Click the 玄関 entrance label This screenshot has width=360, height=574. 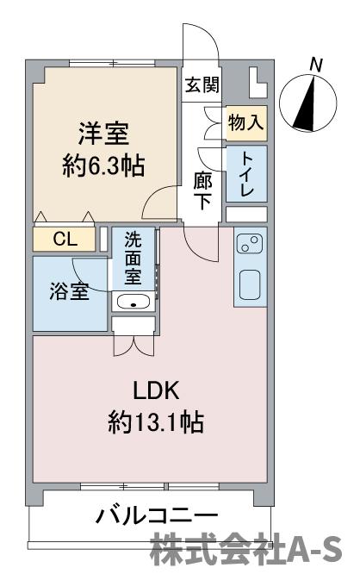click(x=202, y=85)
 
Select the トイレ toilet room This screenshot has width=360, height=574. click(x=246, y=173)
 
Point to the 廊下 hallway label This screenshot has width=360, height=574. click(x=202, y=190)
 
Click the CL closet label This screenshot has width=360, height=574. click(x=65, y=240)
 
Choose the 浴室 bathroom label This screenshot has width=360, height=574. click(x=69, y=291)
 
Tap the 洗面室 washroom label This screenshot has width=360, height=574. click(x=133, y=259)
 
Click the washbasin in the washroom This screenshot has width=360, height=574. click(x=133, y=302)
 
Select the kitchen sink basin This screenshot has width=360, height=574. click(x=250, y=284)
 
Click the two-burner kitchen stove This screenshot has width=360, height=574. click(x=250, y=243)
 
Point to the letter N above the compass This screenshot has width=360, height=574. click(x=315, y=65)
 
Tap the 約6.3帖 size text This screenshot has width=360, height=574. click(x=103, y=166)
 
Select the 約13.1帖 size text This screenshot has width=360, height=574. click(x=156, y=422)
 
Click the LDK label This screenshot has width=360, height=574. click(x=156, y=390)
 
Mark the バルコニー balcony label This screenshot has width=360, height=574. click(x=158, y=517)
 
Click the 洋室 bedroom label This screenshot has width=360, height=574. click(x=103, y=134)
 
